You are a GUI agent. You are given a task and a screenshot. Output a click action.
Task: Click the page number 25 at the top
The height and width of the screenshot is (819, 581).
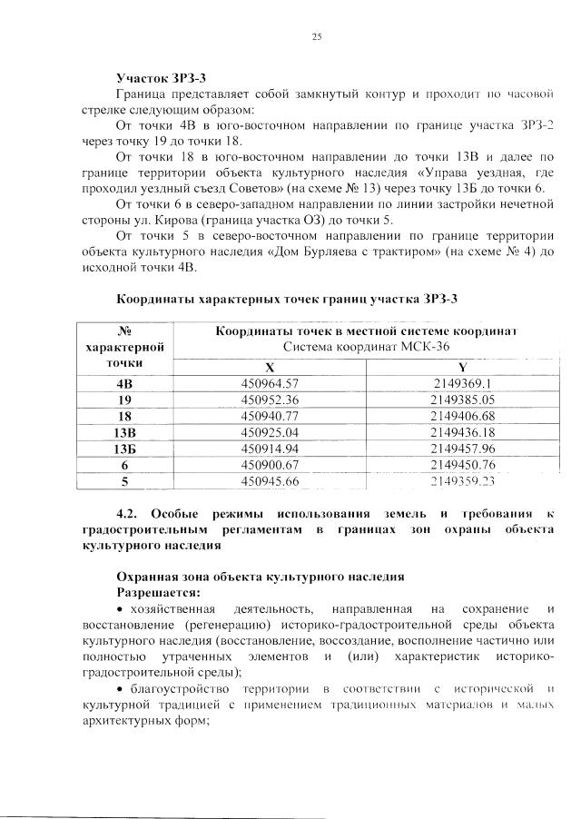(317, 36)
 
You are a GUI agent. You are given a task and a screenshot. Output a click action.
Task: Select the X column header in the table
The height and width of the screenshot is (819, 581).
(270, 368)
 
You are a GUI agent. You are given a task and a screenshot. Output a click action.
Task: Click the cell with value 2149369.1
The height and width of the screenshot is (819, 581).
(462, 383)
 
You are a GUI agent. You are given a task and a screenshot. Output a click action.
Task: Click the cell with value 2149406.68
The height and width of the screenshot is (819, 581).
(462, 416)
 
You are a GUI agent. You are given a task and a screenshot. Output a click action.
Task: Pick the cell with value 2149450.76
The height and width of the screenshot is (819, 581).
(462, 465)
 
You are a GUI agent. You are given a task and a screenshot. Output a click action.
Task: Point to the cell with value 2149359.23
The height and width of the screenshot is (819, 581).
(462, 481)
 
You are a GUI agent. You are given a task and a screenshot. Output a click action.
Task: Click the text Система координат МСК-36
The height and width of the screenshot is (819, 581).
(366, 348)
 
